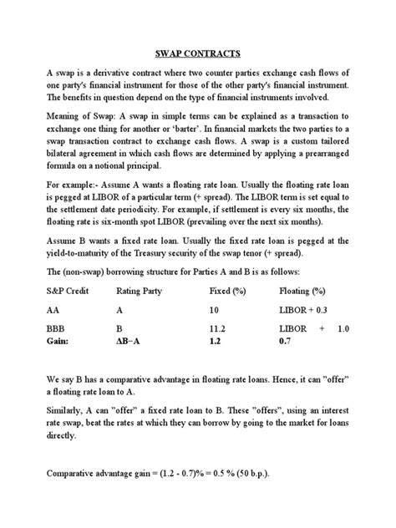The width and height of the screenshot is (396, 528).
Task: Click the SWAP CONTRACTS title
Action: click(197, 51)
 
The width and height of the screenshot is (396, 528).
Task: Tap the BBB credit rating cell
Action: click(57, 329)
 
